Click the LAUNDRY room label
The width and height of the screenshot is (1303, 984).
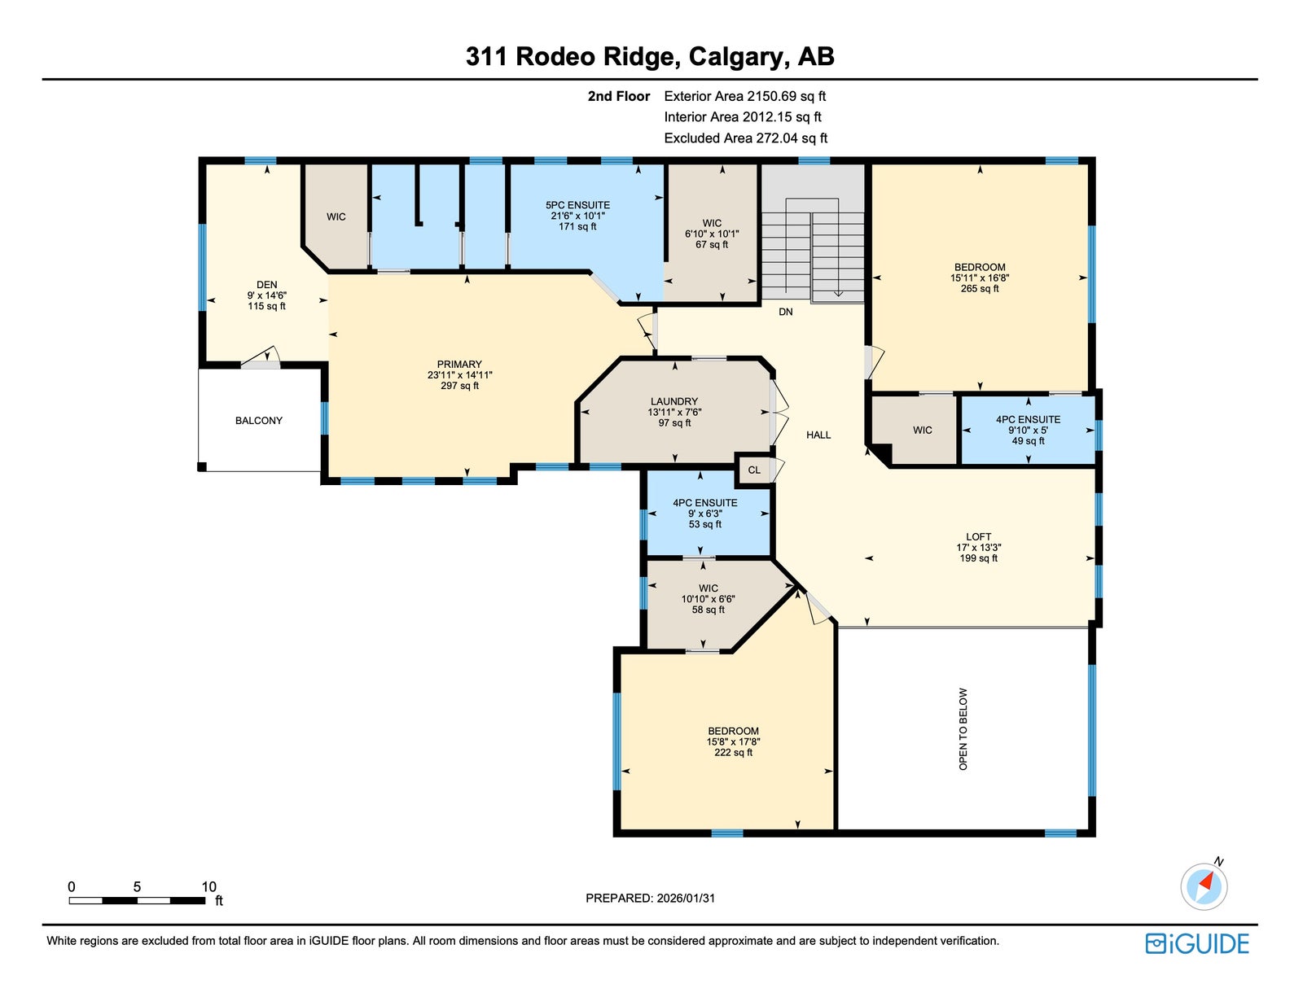point(673,401)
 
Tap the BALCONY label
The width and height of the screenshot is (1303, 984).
point(259,421)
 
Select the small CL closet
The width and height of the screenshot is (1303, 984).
point(754,470)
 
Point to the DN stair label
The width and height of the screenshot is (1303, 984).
point(785,312)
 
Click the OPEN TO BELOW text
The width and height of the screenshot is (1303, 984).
point(963,729)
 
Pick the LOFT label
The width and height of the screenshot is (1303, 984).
point(978,537)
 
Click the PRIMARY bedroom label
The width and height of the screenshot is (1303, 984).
point(459,364)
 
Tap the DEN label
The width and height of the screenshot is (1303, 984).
point(266,285)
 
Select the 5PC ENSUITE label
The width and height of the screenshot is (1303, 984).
point(577,205)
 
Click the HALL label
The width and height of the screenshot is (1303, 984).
point(818,435)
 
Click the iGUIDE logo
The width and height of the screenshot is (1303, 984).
point(1197,943)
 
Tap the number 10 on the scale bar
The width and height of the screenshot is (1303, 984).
point(208,886)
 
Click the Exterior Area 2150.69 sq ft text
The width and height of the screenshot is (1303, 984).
point(745,96)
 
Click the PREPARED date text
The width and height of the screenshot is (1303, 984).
point(650,898)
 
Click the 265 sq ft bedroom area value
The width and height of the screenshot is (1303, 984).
point(980,289)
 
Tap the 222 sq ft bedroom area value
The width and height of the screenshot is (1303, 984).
point(733,753)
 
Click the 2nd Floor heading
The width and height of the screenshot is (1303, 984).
point(619,96)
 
